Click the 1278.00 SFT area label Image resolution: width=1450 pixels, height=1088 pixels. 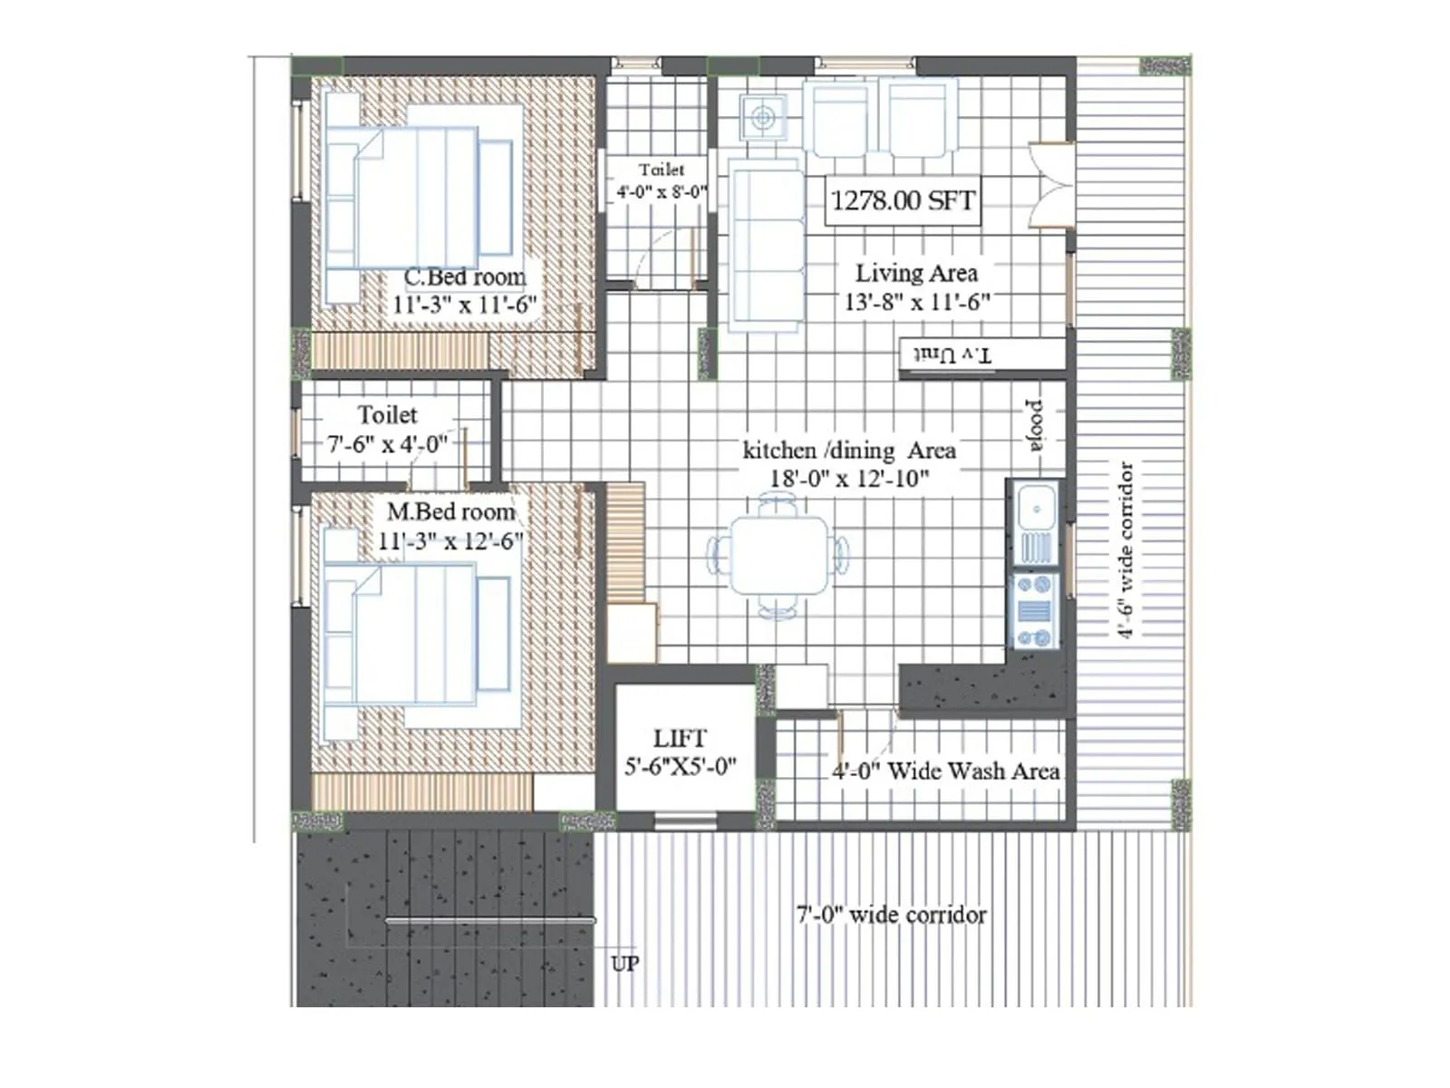click(903, 199)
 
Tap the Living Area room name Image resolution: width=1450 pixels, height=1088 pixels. click(916, 273)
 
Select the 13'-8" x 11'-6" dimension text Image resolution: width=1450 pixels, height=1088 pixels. click(916, 302)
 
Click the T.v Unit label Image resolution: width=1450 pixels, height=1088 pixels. click(952, 355)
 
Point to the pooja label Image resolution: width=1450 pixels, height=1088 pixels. click(1034, 424)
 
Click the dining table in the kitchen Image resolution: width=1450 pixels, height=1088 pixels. click(779, 555)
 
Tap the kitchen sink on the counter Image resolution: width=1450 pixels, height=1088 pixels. click(1034, 508)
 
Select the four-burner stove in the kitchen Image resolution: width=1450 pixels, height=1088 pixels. click(1034, 610)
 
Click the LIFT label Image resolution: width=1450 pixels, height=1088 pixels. click(680, 738)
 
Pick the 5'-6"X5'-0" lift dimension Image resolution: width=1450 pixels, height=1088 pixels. click(680, 766)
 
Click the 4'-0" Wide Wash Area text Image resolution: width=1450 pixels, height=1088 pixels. click(945, 772)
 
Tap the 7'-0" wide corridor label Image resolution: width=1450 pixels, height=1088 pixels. click(891, 914)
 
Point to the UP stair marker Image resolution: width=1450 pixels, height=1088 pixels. click(624, 963)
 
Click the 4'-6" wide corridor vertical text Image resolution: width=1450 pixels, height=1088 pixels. click(1126, 550)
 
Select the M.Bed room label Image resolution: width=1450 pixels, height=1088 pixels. click(450, 511)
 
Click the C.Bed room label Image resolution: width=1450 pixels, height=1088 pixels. click(464, 277)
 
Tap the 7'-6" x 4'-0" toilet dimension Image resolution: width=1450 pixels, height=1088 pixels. click(387, 444)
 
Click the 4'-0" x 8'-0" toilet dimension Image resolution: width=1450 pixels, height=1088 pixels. click(661, 192)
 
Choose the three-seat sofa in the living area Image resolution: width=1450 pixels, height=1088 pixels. click(766, 245)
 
